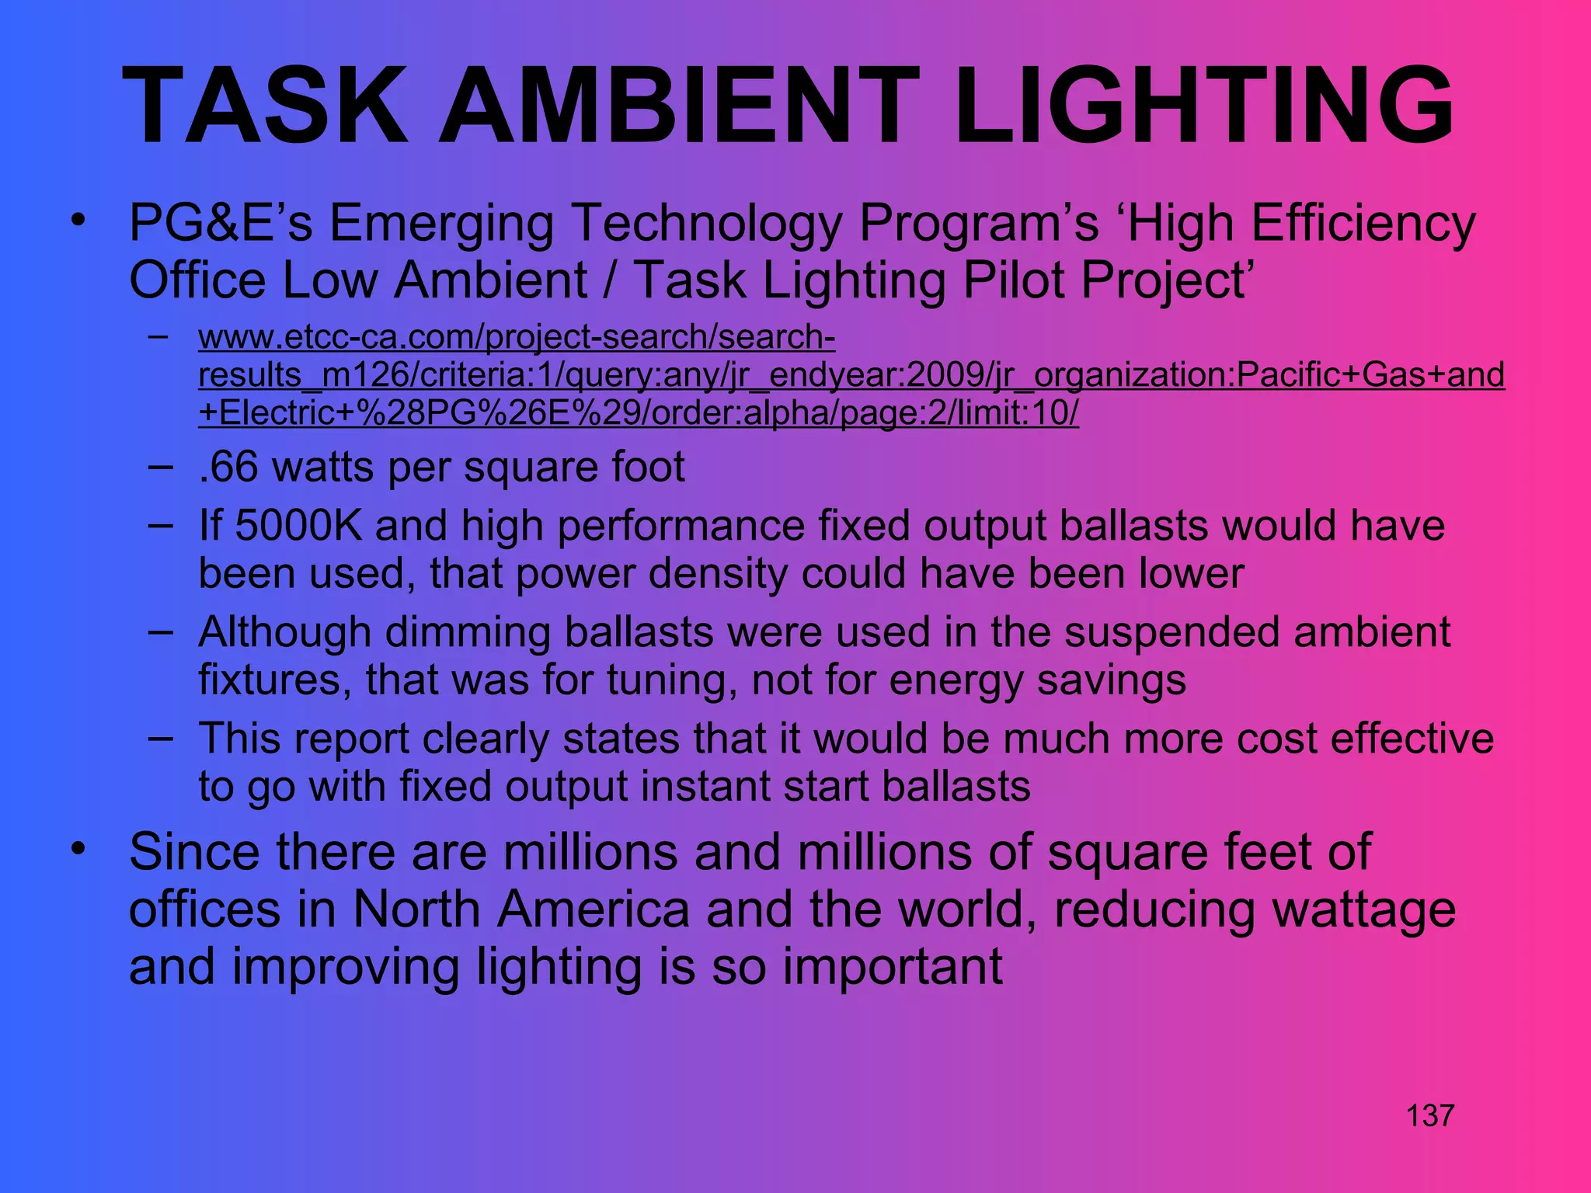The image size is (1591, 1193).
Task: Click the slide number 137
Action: click(x=1429, y=1116)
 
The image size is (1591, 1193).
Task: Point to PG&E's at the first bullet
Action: click(x=220, y=224)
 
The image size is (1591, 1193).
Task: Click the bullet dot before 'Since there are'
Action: click(x=77, y=849)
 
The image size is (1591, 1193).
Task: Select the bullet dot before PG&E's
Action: click(x=77, y=221)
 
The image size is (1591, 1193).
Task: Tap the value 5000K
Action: click(x=298, y=526)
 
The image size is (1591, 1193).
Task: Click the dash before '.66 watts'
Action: click(x=159, y=467)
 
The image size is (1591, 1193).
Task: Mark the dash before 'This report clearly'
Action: click(x=159, y=737)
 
